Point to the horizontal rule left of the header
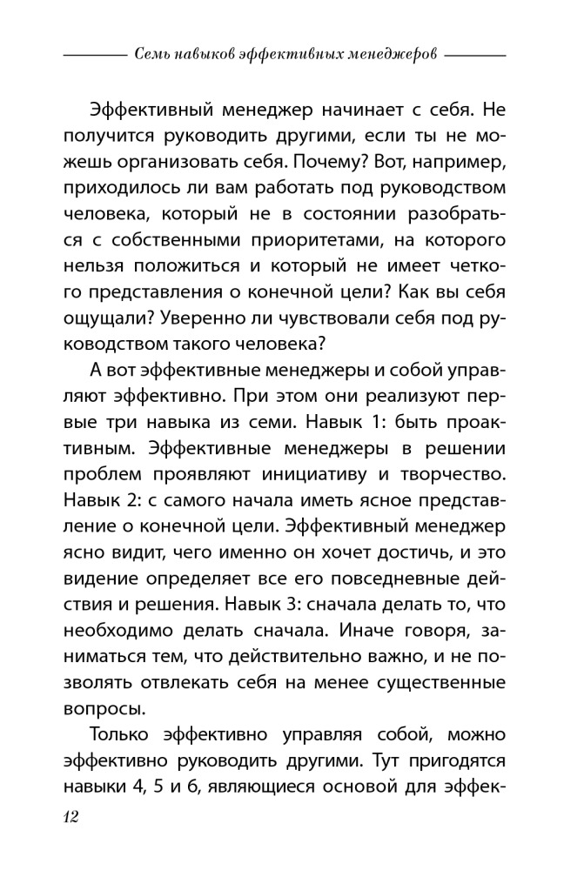(x=96, y=55)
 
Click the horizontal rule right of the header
(x=475, y=55)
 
